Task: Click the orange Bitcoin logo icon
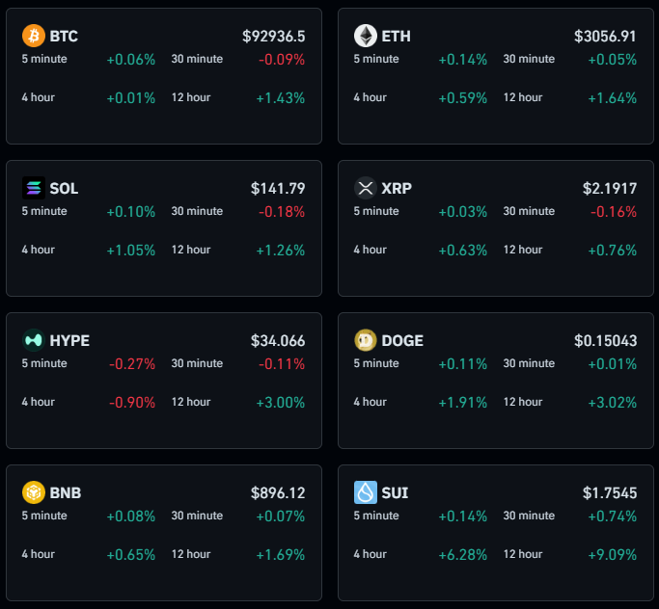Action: click(34, 36)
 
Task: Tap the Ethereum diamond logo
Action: click(366, 36)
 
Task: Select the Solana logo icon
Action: click(34, 188)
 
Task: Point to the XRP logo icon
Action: click(366, 188)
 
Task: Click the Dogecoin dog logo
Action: click(366, 340)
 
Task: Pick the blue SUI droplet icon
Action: click(366, 492)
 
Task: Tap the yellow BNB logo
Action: click(34, 492)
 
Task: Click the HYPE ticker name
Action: click(69, 340)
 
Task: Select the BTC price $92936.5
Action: click(274, 36)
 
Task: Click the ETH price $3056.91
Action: click(605, 36)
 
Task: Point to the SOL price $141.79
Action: click(278, 188)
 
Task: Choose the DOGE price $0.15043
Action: click(605, 340)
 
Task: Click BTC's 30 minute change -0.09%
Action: click(281, 59)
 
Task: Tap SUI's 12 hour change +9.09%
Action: click(613, 554)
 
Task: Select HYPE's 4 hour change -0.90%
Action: click(131, 402)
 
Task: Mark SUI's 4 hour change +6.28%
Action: click(463, 554)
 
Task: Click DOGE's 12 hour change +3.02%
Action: click(613, 402)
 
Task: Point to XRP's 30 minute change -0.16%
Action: click(613, 211)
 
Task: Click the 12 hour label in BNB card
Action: click(191, 554)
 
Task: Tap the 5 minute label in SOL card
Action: click(44, 211)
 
